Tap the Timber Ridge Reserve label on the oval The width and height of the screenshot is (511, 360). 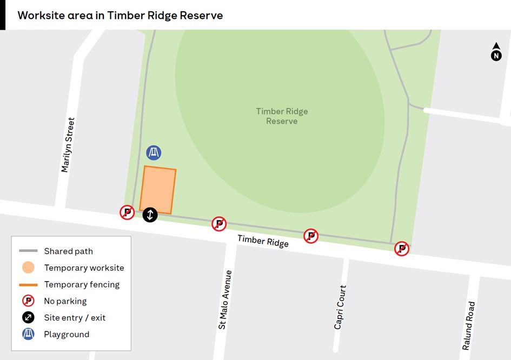click(282, 116)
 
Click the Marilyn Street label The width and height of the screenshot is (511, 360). click(68, 145)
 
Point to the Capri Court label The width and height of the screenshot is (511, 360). click(340, 307)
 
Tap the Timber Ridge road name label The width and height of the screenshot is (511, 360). click(263, 241)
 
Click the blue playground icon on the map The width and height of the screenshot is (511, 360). click(154, 153)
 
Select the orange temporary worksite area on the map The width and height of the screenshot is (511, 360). click(158, 190)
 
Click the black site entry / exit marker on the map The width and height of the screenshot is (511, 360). click(150, 215)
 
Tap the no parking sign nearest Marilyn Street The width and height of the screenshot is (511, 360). click(127, 212)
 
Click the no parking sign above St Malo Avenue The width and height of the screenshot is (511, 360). click(219, 224)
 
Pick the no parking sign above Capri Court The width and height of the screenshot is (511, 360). click(310, 236)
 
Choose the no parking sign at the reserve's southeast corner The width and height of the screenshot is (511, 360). click(401, 249)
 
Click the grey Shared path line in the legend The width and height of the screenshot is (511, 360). click(28, 251)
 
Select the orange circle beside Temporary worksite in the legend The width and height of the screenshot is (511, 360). click(28, 268)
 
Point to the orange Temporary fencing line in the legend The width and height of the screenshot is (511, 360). click(28, 284)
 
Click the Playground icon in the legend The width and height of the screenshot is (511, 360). click(28, 334)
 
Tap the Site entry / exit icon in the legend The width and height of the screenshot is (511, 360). click(28, 317)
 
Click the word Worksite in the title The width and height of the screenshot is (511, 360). click(39, 15)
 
